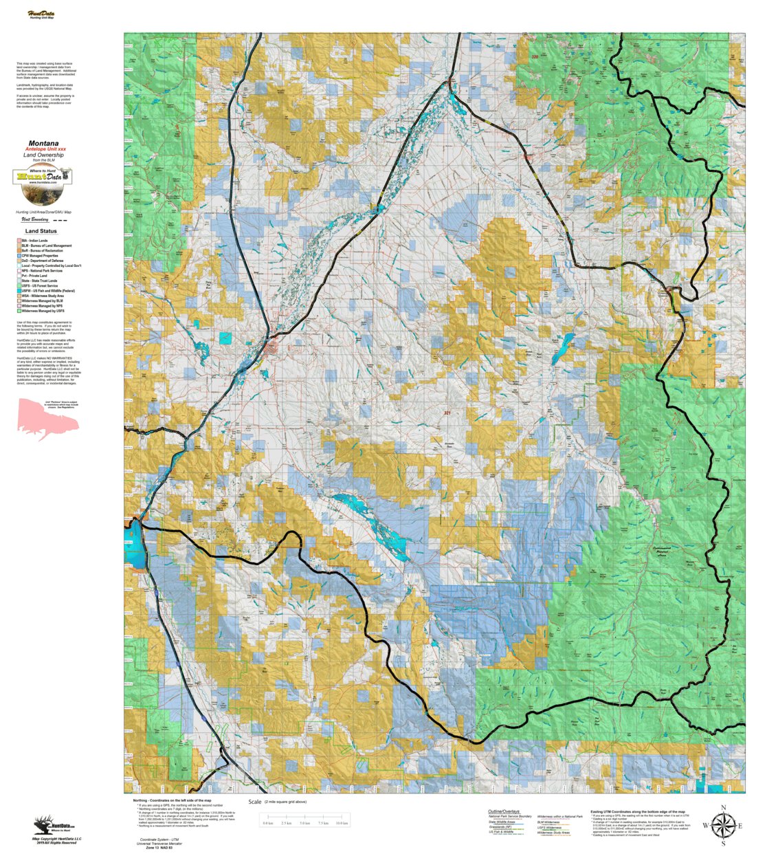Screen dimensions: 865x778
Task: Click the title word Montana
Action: pyautogui.click(x=43, y=144)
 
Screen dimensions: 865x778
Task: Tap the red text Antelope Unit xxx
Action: pyautogui.click(x=45, y=149)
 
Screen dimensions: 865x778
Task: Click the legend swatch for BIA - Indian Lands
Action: pyautogui.click(x=19, y=241)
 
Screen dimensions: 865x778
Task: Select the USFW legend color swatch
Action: pyautogui.click(x=19, y=291)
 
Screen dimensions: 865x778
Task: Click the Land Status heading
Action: pyautogui.click(x=41, y=231)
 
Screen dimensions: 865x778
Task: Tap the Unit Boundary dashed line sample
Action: pyautogui.click(x=60, y=221)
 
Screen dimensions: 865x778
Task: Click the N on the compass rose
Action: pyautogui.click(x=723, y=808)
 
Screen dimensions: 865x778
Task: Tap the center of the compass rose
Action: pyautogui.click(x=723, y=826)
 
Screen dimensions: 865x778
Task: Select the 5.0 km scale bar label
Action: pyautogui.click(x=304, y=823)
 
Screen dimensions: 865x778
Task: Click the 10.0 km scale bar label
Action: pyautogui.click(x=342, y=823)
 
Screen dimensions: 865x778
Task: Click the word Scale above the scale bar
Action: pyautogui.click(x=255, y=802)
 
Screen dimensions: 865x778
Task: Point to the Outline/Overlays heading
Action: pyautogui.click(x=504, y=811)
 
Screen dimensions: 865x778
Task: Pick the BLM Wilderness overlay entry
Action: pyautogui.click(x=548, y=822)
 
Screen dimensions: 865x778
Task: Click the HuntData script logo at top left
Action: pyautogui.click(x=41, y=14)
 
